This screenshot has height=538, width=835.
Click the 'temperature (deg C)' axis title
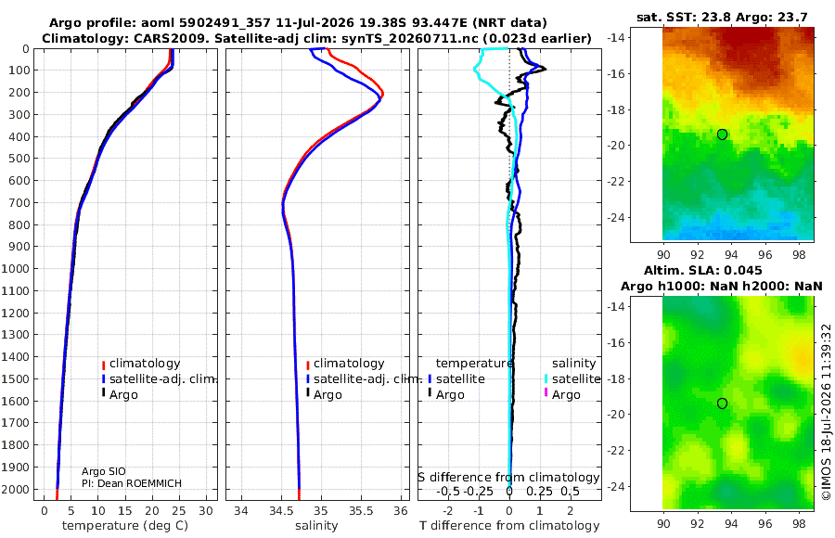coord(125,526)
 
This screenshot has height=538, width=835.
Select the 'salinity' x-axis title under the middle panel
coord(316,526)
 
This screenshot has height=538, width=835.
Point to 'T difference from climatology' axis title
coord(509,526)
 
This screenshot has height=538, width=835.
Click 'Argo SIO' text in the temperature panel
coord(103,471)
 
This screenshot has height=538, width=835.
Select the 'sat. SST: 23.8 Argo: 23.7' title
coord(722,18)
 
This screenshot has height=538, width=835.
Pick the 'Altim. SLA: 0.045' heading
coord(703,271)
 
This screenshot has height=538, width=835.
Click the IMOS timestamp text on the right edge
coord(826,412)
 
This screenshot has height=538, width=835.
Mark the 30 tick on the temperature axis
coord(206,511)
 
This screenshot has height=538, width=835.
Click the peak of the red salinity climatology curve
coord(383,95)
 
